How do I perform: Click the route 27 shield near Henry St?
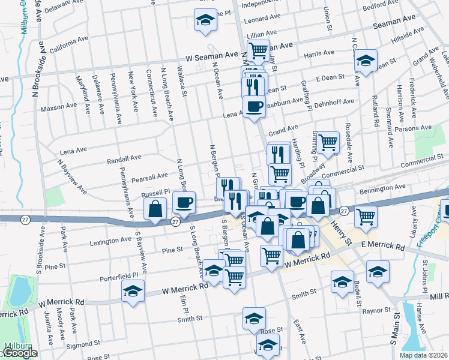tap(343, 211)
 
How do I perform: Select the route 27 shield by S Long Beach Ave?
tap(174, 221)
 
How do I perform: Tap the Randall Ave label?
tap(124, 160)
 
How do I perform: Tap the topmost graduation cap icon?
tap(205, 20)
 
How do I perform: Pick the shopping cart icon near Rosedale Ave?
tap(328, 143)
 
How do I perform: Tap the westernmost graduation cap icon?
tap(133, 293)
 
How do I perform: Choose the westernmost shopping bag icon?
tap(155, 209)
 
